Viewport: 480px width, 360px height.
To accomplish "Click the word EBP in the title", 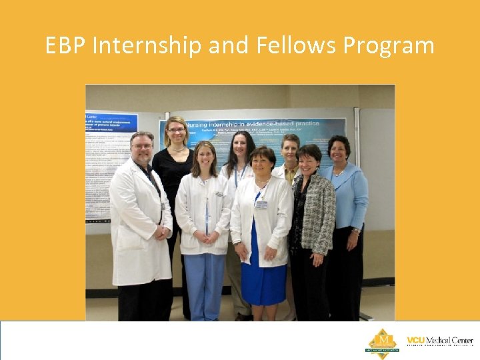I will (x=66, y=46).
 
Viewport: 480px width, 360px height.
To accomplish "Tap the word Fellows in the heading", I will (x=283, y=46).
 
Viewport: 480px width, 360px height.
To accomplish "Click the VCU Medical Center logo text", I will (x=439, y=341).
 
